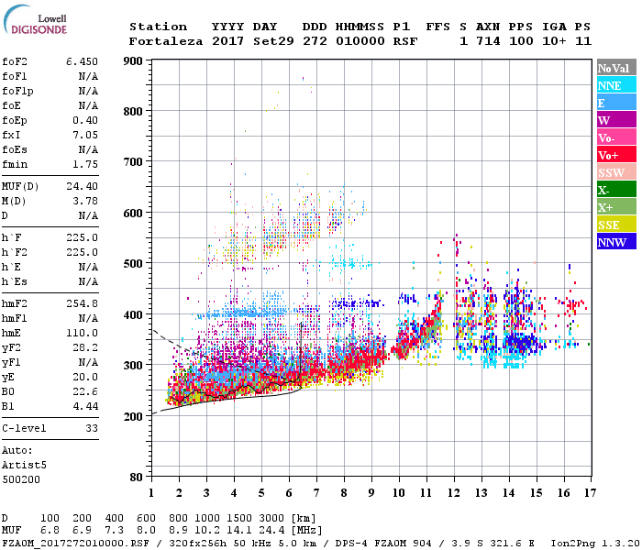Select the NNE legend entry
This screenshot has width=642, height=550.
[x=610, y=85]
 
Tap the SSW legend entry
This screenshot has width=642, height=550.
[x=610, y=172]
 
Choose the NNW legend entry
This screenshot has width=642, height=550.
[x=612, y=242]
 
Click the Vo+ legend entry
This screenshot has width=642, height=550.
[x=609, y=155]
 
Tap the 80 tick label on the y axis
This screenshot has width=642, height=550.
[x=136, y=477]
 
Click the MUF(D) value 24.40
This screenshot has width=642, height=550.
[x=82, y=186]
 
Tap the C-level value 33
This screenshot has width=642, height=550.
[x=92, y=428]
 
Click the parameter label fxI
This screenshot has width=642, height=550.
[x=13, y=134]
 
